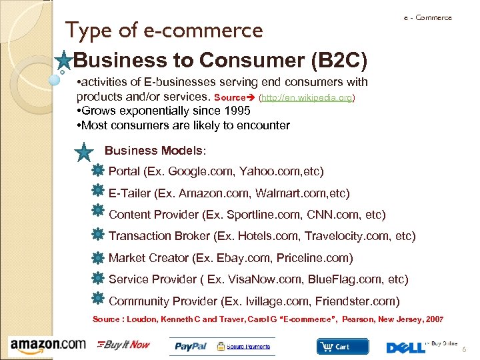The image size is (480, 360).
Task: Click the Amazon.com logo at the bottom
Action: pos(48,345)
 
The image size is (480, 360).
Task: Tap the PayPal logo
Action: pos(191,346)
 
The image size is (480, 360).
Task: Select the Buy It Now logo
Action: pos(124,345)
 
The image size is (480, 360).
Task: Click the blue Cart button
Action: pos(343,347)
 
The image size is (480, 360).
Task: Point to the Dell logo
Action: pos(405,347)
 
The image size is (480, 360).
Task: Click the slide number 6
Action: pos(464,351)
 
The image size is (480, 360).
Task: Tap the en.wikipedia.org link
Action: pos(306,97)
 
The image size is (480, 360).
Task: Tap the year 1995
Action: pos(237,111)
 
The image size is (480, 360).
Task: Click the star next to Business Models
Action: pos(85,153)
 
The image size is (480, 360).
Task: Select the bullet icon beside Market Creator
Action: pos(97,258)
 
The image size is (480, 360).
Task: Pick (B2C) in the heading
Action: pos(339,61)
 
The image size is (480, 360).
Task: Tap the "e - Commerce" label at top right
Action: pos(427,18)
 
